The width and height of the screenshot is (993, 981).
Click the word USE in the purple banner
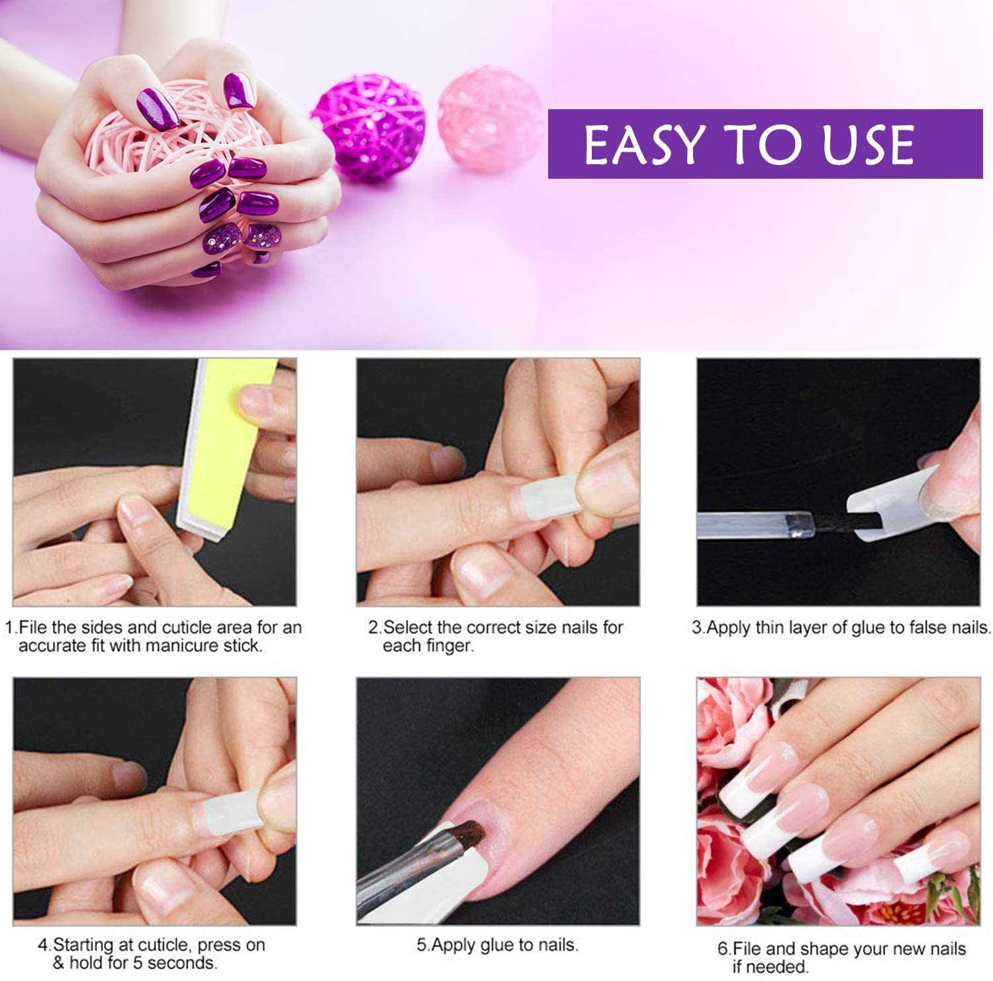point(868,144)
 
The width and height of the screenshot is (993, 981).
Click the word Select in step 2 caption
point(408,627)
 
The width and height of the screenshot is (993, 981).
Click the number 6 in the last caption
point(723,949)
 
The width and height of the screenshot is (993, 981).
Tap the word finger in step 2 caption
point(449,645)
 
